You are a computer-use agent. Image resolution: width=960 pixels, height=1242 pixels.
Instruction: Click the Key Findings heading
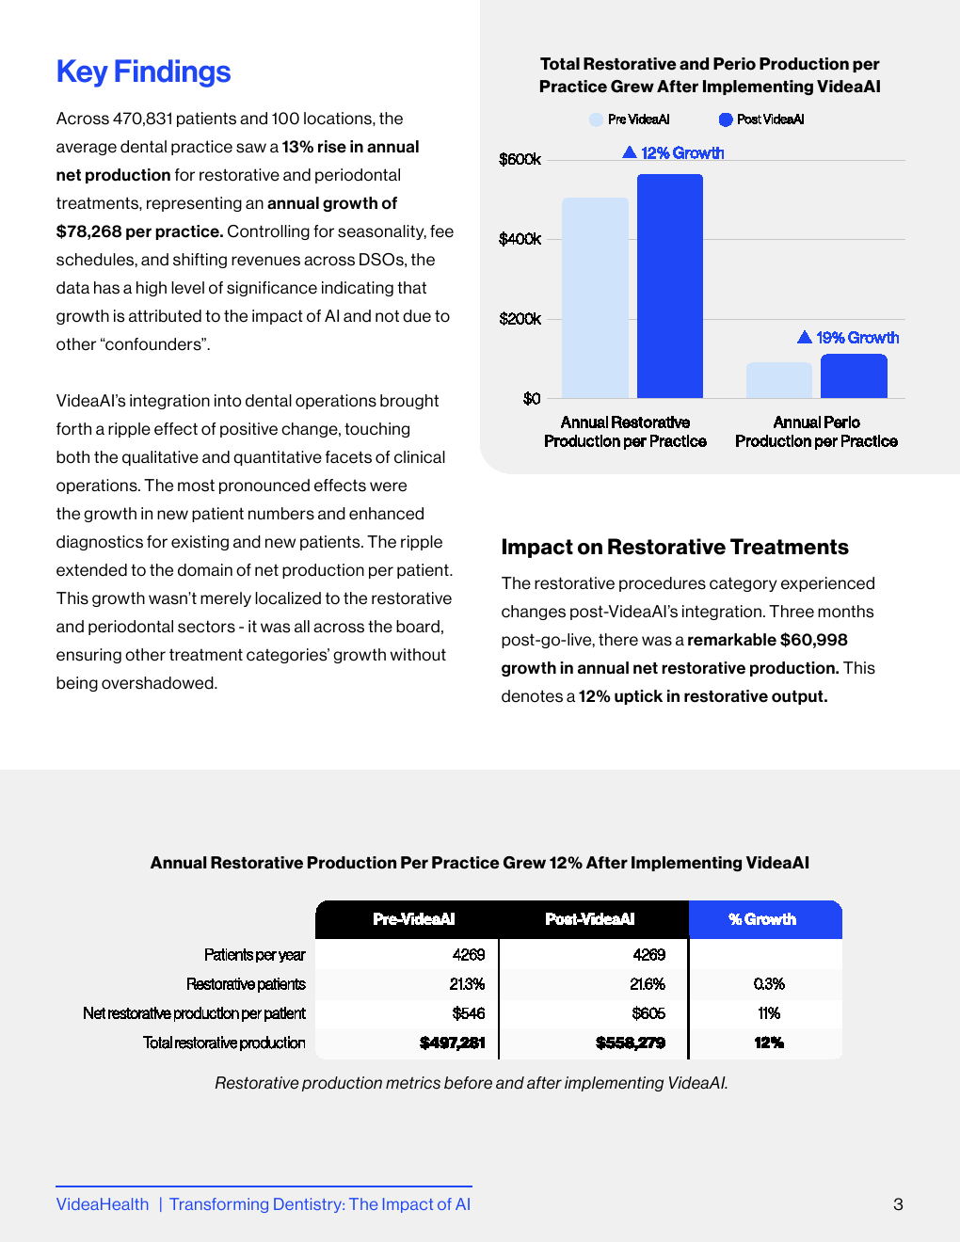tap(143, 72)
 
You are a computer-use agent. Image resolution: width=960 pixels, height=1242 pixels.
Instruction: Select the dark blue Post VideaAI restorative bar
tap(670, 286)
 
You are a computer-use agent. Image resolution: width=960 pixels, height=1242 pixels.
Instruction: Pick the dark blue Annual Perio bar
tap(854, 376)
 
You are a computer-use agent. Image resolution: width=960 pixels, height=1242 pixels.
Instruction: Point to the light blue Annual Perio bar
tap(778, 380)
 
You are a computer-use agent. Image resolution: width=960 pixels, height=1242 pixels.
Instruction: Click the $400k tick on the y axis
tap(520, 239)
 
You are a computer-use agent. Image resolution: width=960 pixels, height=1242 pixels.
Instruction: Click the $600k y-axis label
tap(520, 159)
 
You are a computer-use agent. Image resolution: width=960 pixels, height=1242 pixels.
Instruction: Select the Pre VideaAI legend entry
tap(630, 119)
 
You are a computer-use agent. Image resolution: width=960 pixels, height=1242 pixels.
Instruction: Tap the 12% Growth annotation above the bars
tap(674, 152)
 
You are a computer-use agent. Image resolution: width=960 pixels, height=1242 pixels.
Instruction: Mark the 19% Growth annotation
tap(848, 337)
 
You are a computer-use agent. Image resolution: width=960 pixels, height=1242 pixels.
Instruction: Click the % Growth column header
tap(763, 919)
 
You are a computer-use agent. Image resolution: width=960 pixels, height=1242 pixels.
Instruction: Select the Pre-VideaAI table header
tap(414, 919)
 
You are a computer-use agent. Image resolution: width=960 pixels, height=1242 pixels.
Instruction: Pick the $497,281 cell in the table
tap(453, 1043)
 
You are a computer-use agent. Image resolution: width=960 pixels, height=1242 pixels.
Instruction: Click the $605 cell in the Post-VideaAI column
tap(648, 1013)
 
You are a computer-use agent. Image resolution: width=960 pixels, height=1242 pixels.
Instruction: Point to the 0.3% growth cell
tap(769, 984)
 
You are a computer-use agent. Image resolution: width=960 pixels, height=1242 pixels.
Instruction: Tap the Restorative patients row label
tap(246, 984)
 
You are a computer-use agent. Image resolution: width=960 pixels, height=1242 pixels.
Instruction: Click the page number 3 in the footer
tap(898, 1204)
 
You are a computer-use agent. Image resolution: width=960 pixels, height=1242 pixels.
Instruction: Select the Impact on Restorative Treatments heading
tap(675, 547)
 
